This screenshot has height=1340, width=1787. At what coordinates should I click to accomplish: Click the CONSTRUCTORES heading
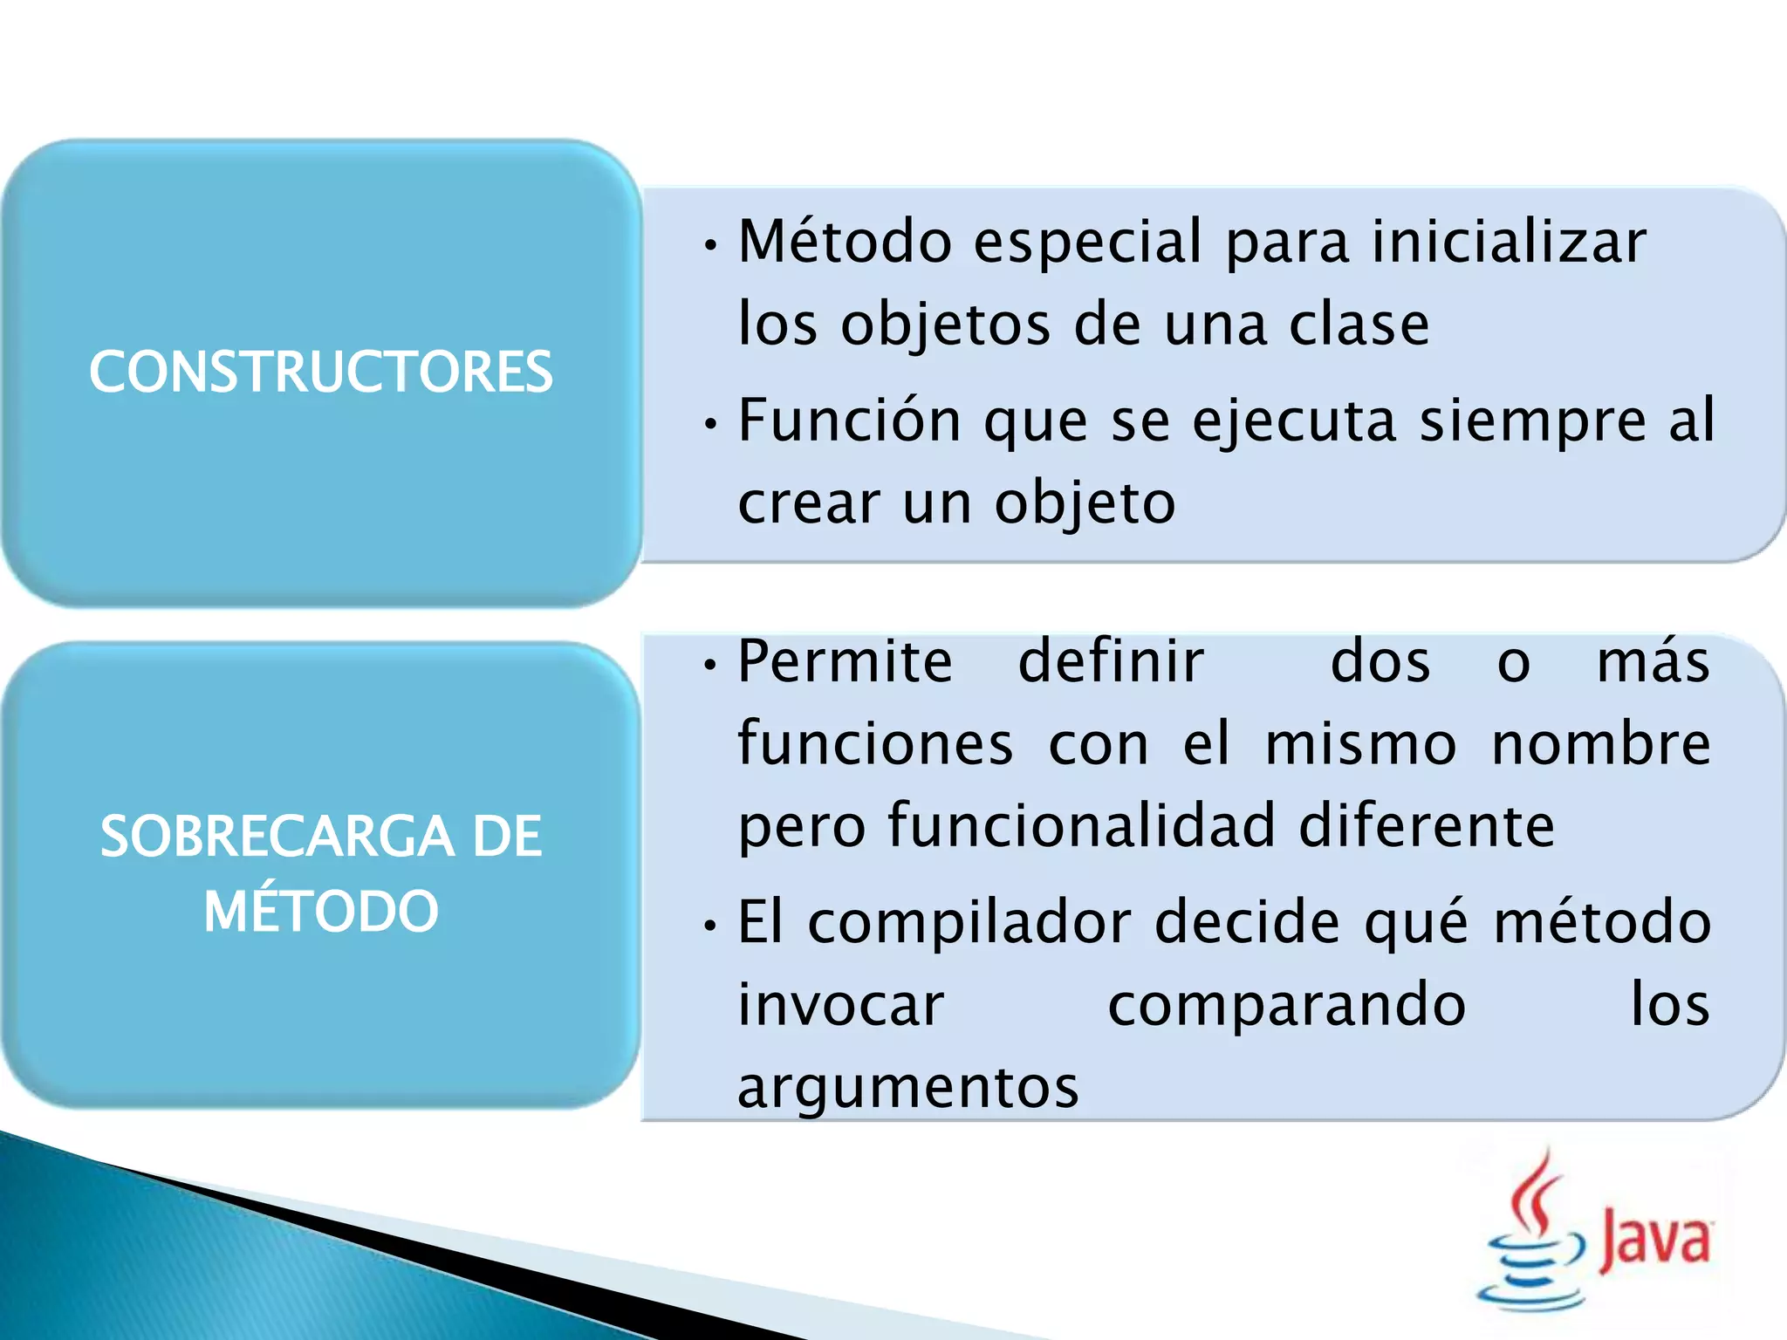click(320, 372)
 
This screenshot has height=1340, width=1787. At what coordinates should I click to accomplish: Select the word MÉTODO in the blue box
click(320, 911)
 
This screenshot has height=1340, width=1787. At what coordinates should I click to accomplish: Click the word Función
click(850, 420)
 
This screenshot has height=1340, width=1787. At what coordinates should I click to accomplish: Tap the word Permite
click(845, 660)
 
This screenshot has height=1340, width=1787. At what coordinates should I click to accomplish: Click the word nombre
click(1601, 743)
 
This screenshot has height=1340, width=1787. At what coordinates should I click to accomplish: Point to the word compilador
click(969, 921)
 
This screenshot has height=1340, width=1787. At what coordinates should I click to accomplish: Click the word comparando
click(1287, 1004)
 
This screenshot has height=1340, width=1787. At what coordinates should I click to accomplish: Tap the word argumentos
click(908, 1087)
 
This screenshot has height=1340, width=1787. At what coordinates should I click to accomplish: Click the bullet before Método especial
click(711, 245)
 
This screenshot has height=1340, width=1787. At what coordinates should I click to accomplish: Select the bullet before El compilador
click(711, 926)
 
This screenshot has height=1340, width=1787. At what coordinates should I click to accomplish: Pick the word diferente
click(1427, 825)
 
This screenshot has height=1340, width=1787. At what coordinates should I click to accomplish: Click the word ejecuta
click(1294, 420)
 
